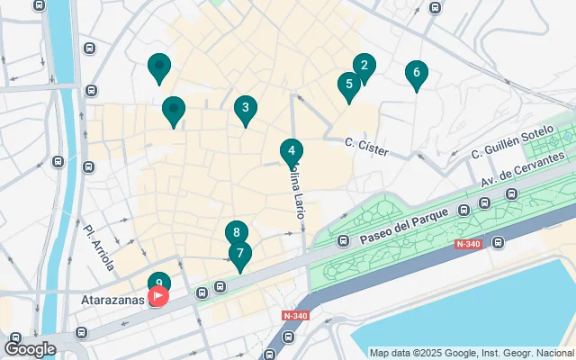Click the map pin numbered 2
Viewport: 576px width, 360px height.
click(364, 66)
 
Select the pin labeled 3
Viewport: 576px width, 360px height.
click(244, 109)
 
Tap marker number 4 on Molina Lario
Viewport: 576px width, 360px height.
click(291, 151)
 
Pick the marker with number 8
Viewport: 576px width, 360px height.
click(236, 233)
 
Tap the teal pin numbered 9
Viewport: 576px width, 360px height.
click(158, 283)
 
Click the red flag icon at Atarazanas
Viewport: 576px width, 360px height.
click(158, 295)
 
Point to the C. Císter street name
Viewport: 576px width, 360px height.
click(366, 147)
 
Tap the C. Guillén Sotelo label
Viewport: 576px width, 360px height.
click(512, 144)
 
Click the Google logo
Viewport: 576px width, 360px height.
click(30, 348)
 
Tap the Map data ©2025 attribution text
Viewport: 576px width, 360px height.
click(472, 353)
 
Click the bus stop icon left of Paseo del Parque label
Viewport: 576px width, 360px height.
click(343, 240)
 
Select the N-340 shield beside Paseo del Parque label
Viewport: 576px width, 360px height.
click(467, 244)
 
